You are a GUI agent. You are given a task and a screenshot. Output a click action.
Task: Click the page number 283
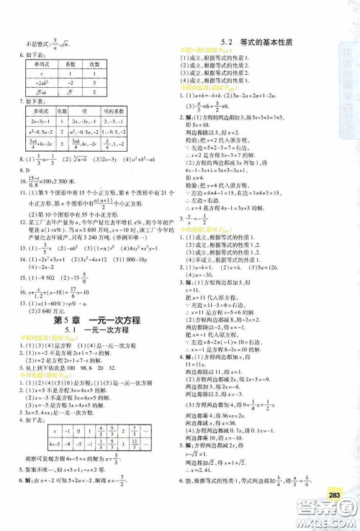[x=333, y=494]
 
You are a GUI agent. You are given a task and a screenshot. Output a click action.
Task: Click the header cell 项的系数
[x=113, y=112]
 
